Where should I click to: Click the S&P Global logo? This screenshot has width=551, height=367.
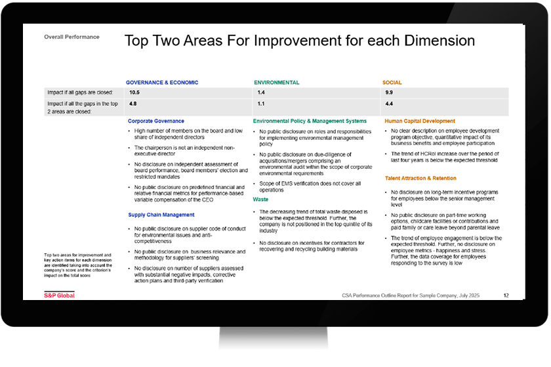coord(60,295)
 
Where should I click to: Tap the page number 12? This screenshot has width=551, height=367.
coord(506,295)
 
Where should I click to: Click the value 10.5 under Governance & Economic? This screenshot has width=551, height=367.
coord(134,93)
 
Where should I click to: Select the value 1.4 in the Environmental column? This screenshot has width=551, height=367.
coord(261,93)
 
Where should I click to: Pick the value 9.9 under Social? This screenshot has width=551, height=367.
coord(389,93)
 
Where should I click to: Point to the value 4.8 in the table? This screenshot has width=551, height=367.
coord(133,104)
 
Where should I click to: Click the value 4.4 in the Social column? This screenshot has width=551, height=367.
coord(389,104)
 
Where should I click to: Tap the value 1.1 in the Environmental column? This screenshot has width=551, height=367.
coord(261,104)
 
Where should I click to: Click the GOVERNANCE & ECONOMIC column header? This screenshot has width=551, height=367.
coord(162,83)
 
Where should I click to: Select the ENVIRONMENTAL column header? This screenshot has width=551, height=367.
coord(277,83)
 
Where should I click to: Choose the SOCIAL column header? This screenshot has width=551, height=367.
coord(392,83)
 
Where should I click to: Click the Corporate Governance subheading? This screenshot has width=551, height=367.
coord(156,121)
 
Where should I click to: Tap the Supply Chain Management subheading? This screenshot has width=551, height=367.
coord(161,215)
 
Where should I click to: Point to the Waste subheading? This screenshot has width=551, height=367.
coord(260,200)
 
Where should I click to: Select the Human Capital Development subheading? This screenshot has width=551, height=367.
coord(420,121)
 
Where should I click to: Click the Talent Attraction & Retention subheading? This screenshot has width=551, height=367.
coord(420,179)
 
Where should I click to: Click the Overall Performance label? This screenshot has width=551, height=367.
coord(71,37)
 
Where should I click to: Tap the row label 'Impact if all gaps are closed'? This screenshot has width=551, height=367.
coord(80,93)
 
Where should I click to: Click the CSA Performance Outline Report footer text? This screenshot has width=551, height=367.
coord(411,295)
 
